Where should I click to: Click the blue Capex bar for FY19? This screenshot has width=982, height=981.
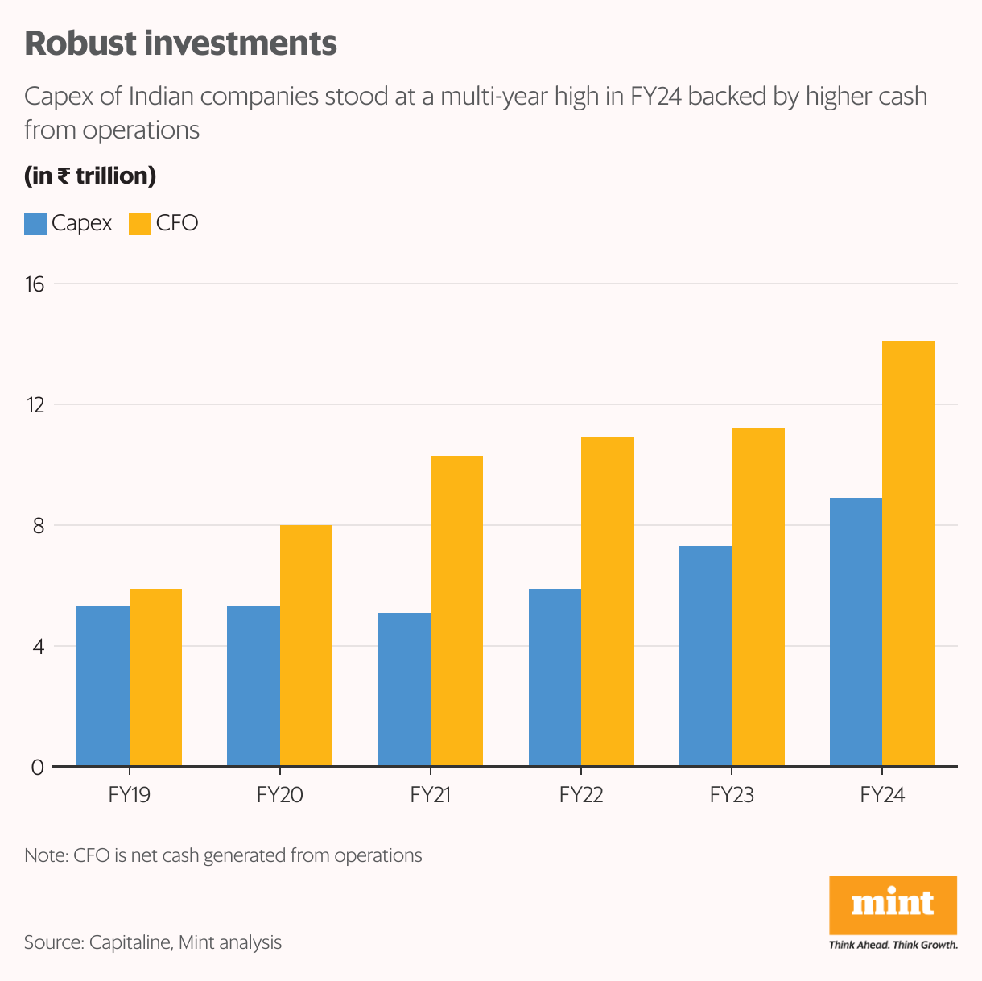[x=103, y=685]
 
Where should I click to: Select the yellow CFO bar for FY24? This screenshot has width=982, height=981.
[x=909, y=553]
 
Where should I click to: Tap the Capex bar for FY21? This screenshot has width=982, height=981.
[x=404, y=689]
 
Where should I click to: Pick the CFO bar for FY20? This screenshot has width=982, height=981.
[x=306, y=645]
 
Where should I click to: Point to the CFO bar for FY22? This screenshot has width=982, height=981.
[x=608, y=601]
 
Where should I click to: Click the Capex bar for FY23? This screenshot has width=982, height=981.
[x=705, y=656]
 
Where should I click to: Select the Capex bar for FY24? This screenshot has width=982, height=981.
[x=856, y=631]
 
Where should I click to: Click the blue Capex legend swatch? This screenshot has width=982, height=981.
[x=35, y=224]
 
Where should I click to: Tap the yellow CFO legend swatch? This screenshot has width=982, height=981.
[x=140, y=224]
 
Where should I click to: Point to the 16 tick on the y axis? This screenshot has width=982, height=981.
[x=36, y=284]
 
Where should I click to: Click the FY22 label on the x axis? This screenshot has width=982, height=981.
[x=581, y=796]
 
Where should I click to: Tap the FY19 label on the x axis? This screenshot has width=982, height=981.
[x=129, y=796]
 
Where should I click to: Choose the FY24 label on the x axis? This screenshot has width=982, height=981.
[x=882, y=796]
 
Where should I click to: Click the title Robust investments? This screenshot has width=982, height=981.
[x=180, y=43]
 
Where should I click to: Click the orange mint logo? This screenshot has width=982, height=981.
[x=893, y=905]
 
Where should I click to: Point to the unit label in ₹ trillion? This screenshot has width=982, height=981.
[x=90, y=176]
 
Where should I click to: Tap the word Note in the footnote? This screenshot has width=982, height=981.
[x=45, y=855]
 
